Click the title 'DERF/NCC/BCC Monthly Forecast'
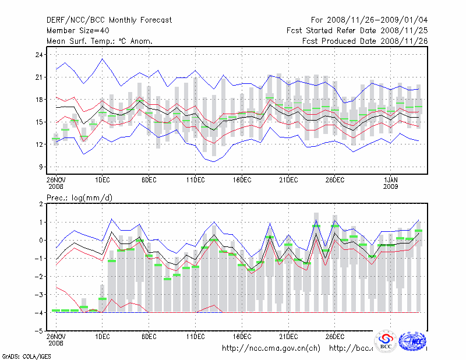pos(109,20)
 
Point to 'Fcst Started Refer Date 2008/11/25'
pos(357,30)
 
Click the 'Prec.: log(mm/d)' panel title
pos(79,198)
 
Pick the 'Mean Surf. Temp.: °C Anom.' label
pos(100,41)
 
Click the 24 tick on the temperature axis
pos(40,55)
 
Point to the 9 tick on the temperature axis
pos(42,167)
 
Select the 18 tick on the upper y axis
pos(40,100)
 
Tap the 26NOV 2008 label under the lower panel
pos(56,340)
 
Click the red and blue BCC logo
pos(386,342)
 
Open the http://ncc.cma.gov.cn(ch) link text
pos(271,348)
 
